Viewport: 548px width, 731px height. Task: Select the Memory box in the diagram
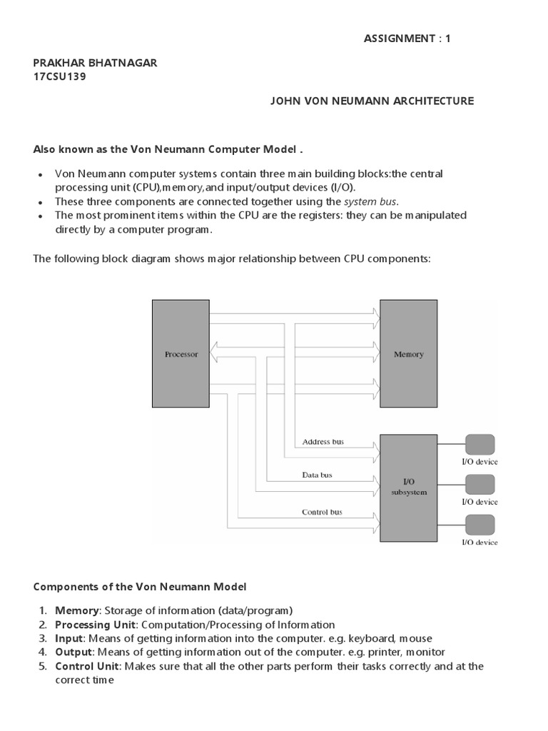[x=408, y=354]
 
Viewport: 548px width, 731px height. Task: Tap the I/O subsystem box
[x=408, y=487]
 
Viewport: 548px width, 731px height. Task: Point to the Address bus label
[x=323, y=442]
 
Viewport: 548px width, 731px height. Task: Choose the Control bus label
[x=322, y=512]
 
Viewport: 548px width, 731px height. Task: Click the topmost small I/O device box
[x=479, y=445]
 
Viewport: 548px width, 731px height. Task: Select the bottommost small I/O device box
[x=479, y=525]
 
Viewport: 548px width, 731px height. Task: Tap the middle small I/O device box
[x=479, y=485]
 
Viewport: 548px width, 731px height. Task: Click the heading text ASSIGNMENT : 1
[x=407, y=39]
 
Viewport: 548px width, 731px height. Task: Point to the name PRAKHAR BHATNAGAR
[x=96, y=63]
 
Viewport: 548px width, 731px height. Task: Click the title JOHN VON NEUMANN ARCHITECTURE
[x=371, y=101]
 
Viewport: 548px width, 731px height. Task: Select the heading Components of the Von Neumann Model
[x=140, y=587]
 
